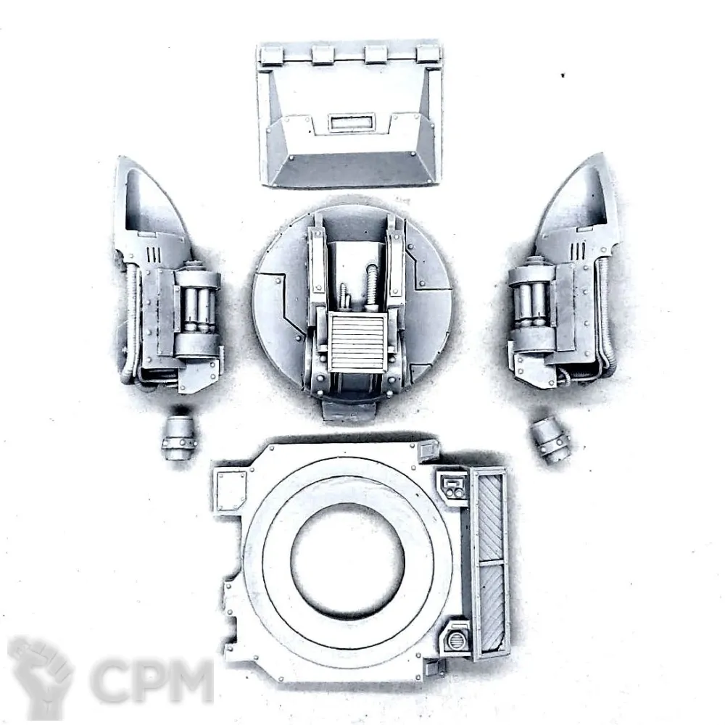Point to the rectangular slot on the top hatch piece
point(351,123)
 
